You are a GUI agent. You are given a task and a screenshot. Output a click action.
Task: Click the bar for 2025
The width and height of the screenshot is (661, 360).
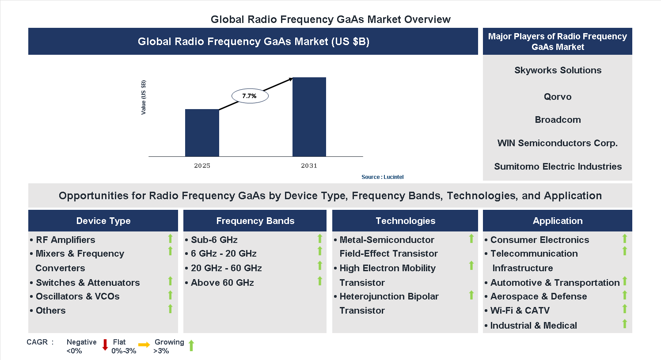tap(202, 133)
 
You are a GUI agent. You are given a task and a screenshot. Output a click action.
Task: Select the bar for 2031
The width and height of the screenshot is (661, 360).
tap(309, 117)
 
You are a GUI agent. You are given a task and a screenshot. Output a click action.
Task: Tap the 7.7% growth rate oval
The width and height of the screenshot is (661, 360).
tap(250, 96)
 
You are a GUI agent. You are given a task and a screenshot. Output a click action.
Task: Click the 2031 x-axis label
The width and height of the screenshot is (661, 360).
tap(309, 166)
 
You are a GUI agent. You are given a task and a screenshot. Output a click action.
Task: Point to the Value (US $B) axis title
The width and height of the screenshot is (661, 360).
tap(143, 98)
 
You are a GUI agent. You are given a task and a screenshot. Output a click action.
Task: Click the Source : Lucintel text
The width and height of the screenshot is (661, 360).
tap(382, 177)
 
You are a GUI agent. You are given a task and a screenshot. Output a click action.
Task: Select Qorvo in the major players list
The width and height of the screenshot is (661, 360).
tap(557, 97)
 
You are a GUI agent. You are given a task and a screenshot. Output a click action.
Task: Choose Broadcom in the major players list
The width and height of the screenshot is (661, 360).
tap(557, 120)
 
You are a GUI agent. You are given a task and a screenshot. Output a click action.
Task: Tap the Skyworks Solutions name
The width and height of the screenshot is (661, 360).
tap(557, 70)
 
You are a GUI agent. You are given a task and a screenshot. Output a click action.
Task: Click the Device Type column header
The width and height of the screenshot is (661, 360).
tap(103, 221)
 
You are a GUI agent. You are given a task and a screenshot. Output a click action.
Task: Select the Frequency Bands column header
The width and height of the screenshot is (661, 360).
tap(255, 221)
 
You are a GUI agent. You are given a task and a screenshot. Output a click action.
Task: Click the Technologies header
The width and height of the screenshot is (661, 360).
tap(405, 221)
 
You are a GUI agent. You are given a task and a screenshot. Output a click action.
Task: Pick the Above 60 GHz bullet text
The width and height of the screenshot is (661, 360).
tap(222, 283)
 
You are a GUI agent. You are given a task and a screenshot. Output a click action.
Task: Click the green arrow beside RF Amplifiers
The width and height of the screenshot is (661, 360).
tap(170, 239)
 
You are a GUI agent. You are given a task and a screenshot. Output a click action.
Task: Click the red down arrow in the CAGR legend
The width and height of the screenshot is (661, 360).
tap(105, 345)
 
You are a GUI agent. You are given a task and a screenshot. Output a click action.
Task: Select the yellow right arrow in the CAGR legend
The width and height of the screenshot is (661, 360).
tap(144, 345)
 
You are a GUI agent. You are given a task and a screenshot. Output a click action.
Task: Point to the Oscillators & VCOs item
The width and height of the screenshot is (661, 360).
tap(77, 296)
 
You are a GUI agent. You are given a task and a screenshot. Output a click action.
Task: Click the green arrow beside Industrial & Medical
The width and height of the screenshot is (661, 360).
tap(624, 324)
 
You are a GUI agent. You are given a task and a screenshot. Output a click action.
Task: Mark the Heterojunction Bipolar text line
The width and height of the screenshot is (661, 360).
tap(389, 296)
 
